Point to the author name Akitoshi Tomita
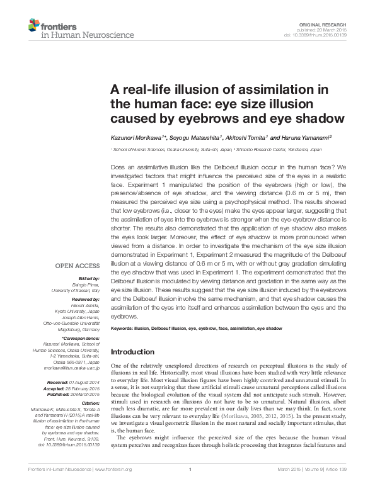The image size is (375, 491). [246, 137]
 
